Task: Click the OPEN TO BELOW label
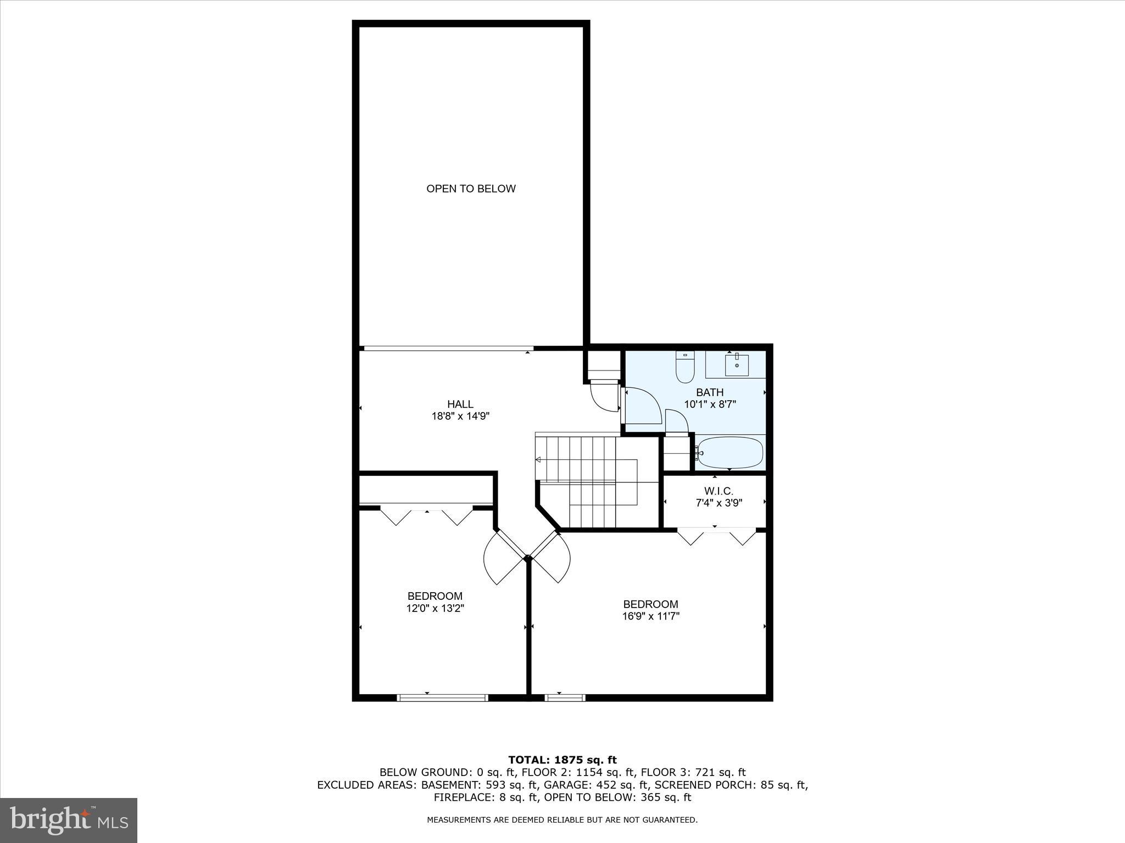coord(471,189)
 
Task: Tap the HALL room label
coord(460,404)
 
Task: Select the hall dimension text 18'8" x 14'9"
coord(460,417)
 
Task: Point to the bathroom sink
coord(736,365)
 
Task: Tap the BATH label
coord(710,392)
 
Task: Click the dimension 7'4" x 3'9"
coord(719,503)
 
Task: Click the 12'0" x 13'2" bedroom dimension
coord(435,608)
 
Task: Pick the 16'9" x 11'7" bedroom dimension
coord(650,616)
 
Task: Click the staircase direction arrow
coord(539,459)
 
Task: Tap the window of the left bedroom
coord(442,698)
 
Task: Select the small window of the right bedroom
coord(565,698)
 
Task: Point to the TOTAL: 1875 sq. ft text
coord(562,760)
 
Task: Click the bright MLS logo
coord(69,820)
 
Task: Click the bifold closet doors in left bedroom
coord(427,516)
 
